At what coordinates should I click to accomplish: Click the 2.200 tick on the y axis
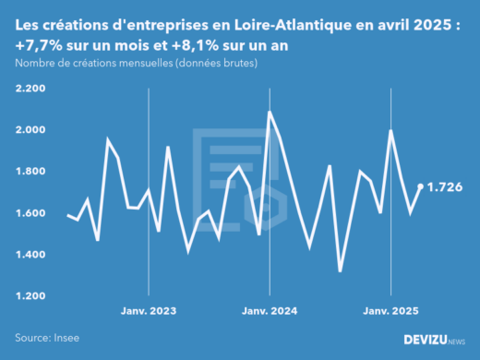pyautogui.click(x=31, y=89)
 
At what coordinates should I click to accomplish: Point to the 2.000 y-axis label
pyautogui.click(x=31, y=130)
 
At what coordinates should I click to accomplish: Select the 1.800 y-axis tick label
pyautogui.click(x=31, y=172)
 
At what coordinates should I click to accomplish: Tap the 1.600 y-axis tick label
pyautogui.click(x=31, y=213)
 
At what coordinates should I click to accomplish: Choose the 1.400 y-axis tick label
pyautogui.click(x=31, y=255)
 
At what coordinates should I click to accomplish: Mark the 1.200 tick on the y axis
pyautogui.click(x=31, y=296)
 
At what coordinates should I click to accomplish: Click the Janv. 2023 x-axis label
pyautogui.click(x=149, y=311)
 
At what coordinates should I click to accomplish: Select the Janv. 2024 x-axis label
pyautogui.click(x=270, y=311)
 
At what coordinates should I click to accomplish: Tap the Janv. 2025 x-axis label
pyautogui.click(x=390, y=311)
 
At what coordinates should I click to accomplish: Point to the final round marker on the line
pyautogui.click(x=421, y=186)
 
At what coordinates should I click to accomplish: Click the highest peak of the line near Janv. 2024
pyautogui.click(x=270, y=113)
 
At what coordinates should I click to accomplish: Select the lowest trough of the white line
pyautogui.click(x=341, y=270)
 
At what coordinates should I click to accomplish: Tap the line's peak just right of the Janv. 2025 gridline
pyautogui.click(x=391, y=130)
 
